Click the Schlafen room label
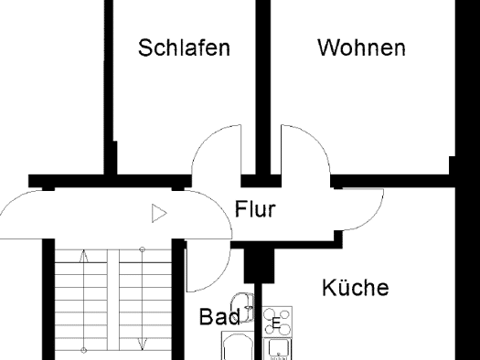184,48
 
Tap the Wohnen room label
362,48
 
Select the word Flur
255,209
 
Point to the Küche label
356,287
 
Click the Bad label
219,316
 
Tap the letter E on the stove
276,323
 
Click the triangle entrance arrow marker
159,213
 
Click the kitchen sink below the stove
278,349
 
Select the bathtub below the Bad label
237,345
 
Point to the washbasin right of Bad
243,307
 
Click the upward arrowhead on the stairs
84,257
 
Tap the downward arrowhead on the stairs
143,344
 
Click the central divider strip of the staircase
113,301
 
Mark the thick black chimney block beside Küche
259,266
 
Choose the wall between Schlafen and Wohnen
263,88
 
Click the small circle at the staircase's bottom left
84,350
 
